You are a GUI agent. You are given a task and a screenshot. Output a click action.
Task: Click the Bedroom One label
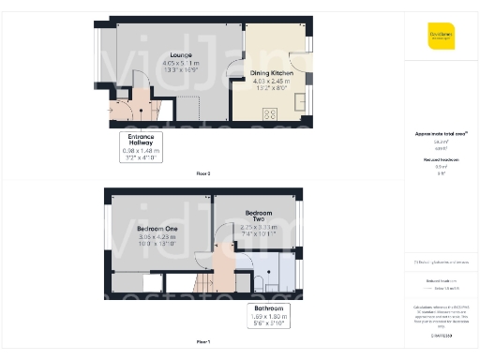point(157,229)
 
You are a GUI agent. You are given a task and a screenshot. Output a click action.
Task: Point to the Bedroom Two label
point(251,216)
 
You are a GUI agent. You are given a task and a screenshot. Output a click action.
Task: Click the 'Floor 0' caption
point(203,174)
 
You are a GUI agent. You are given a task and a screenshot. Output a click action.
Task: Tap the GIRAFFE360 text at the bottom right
point(440,334)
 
